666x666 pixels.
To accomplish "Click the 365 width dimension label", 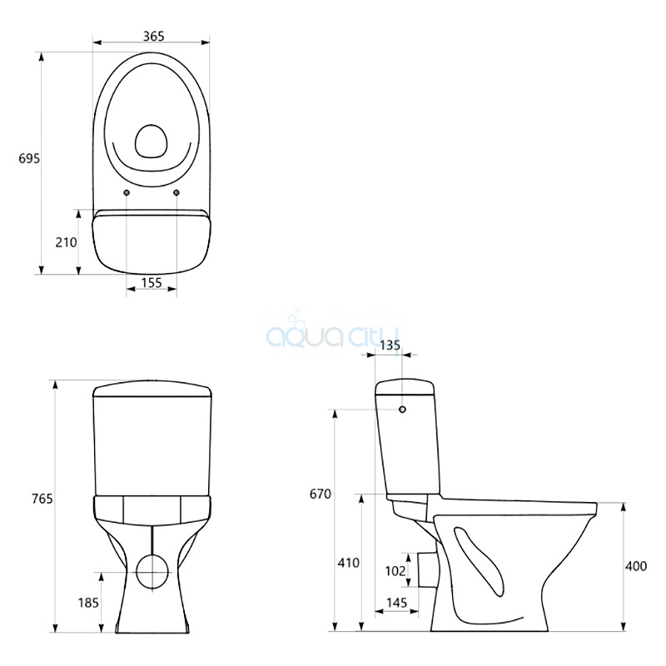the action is click(x=153, y=37).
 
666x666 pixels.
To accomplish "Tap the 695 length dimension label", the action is click(x=29, y=158).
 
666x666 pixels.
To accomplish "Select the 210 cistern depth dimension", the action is click(x=67, y=242).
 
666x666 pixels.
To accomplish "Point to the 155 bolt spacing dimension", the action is click(x=152, y=282).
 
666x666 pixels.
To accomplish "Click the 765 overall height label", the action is click(x=42, y=499).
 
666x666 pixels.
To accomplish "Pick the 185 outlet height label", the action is click(x=88, y=603).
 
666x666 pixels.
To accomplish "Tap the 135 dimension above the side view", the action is click(x=390, y=345).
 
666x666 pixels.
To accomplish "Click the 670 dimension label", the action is click(x=321, y=494).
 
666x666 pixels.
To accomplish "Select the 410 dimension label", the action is click(x=348, y=563).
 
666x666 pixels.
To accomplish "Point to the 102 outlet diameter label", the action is click(x=395, y=571).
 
